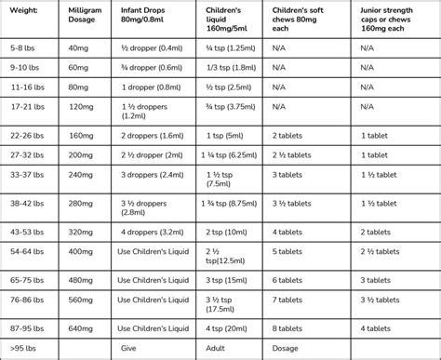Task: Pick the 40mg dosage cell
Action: tap(81, 47)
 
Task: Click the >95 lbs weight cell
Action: tap(20, 348)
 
